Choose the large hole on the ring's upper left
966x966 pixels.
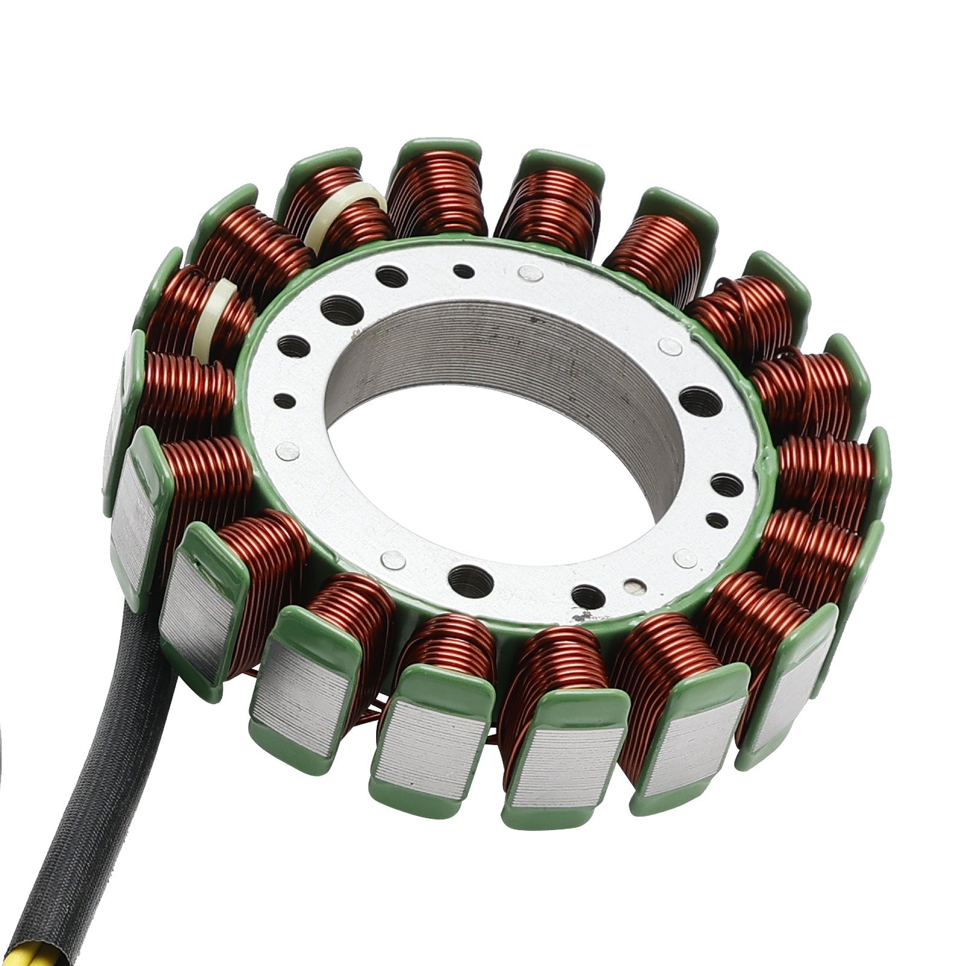tap(341, 311)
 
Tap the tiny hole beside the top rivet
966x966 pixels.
tap(464, 271)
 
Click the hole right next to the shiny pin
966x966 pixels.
tap(587, 597)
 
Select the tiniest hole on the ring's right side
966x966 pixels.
tap(717, 520)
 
